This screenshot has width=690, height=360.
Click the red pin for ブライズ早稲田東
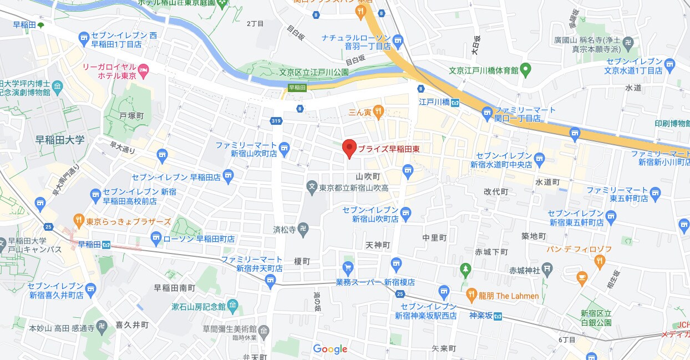349,148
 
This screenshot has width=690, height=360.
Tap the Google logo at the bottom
330,349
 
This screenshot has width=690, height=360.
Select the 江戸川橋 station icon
455,103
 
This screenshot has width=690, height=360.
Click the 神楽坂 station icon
498,316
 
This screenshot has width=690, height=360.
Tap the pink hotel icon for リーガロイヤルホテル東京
144,70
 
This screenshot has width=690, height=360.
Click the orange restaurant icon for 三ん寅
378,112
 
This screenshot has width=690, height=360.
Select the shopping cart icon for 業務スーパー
348,268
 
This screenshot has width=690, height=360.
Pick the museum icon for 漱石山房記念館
232,306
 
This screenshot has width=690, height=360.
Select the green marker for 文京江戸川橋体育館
526,70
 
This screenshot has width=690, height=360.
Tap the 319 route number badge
276,120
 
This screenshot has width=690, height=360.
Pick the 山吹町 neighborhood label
368,176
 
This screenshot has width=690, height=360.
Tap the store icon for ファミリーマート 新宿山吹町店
285,148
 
